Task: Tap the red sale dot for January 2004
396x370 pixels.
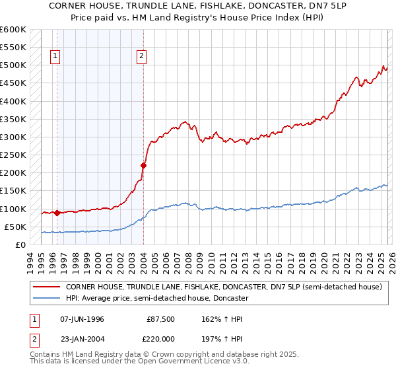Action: [143, 165]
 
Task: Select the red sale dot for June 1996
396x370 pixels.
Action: [57, 213]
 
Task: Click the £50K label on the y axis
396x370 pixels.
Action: [15, 227]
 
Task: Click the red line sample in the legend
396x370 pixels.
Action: [46, 287]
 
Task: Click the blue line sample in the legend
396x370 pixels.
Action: [46, 299]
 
